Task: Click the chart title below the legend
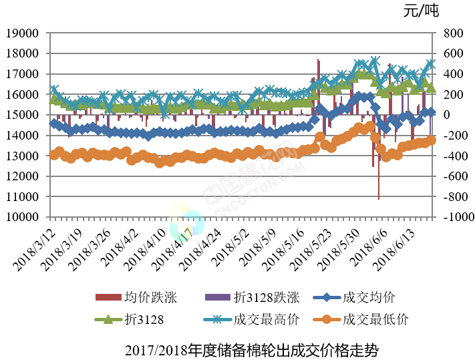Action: [251, 349]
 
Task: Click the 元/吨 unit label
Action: [421, 11]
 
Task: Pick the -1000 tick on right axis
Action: [454, 218]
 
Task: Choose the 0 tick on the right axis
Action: [445, 115]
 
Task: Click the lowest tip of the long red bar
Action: [379, 199]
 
